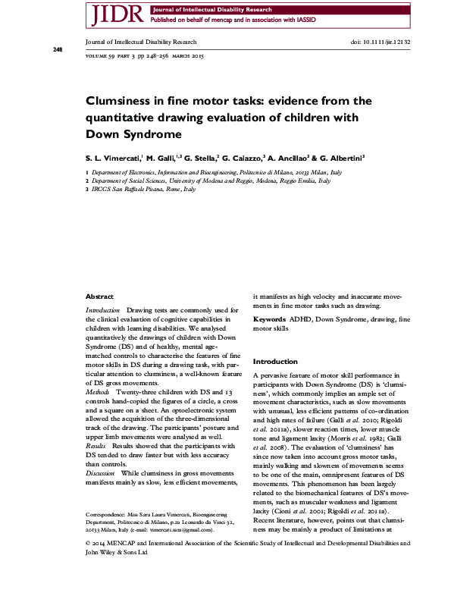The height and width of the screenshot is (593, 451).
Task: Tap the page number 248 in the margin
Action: click(x=58, y=49)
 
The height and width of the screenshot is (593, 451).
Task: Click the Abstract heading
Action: click(x=99, y=296)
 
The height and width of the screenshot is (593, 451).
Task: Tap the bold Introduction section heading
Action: click(x=275, y=362)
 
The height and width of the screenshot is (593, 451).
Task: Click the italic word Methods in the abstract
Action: click(x=99, y=393)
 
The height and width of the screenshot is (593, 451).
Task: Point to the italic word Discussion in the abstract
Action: click(x=102, y=472)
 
